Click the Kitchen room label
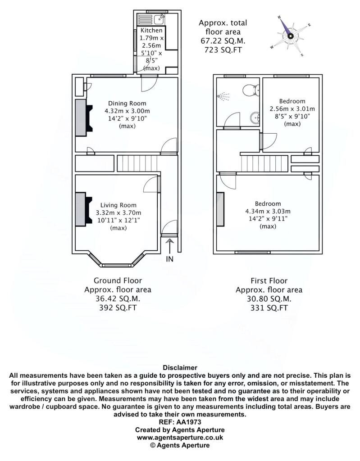(151, 30)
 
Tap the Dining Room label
(127, 103)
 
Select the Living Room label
(118, 205)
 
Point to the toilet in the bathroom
(251, 90)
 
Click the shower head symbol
(223, 96)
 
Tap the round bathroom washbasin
(255, 118)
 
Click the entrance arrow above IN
(169, 246)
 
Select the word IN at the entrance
(170, 259)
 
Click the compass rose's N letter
(279, 17)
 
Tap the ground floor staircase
(137, 163)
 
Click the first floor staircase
(264, 163)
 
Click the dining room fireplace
(84, 118)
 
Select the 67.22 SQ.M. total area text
(223, 41)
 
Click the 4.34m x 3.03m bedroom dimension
(268, 211)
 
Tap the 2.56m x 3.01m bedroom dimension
(292, 109)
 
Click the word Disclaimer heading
(180, 367)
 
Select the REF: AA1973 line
(180, 422)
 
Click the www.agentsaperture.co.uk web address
(180, 437)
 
